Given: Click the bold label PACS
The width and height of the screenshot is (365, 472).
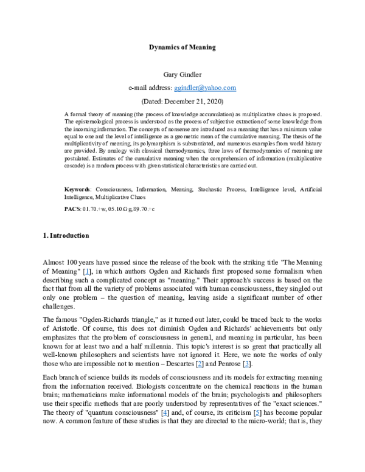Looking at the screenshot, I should [72, 208].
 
